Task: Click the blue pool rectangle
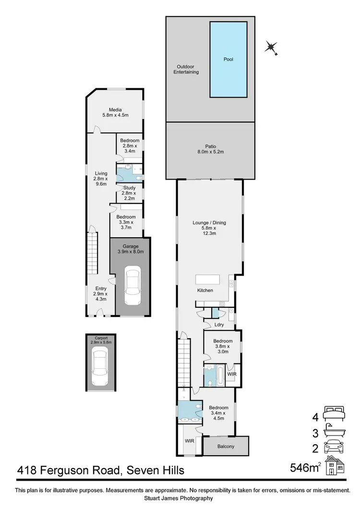[228, 59]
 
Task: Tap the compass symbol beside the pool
[272, 47]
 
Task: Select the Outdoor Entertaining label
[188, 69]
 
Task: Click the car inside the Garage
[131, 287]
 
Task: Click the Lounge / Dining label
[209, 228]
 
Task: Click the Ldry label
[219, 325]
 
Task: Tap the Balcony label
[226, 447]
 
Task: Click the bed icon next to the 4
[335, 413]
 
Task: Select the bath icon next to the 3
[335, 432]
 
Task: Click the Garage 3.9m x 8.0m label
[131, 249]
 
